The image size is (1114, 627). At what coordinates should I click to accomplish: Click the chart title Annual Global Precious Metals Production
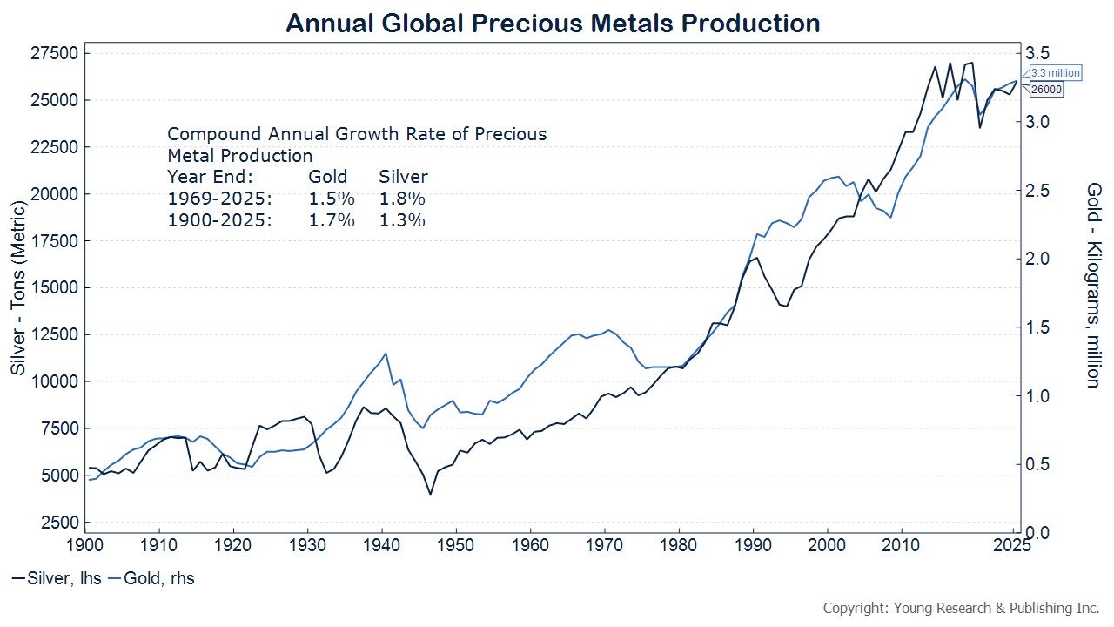click(x=553, y=23)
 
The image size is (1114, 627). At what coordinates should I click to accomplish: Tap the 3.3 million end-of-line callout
click(x=1055, y=73)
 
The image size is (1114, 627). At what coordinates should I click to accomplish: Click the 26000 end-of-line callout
click(x=1047, y=90)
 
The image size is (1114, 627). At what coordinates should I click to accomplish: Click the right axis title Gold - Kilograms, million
click(x=1093, y=285)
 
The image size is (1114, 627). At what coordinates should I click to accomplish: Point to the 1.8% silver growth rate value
click(x=402, y=199)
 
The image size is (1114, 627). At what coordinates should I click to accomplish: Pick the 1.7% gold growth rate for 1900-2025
click(x=332, y=220)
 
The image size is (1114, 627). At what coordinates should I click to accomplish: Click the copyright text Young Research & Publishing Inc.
click(x=961, y=607)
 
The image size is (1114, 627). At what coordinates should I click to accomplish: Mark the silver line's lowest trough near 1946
click(x=430, y=494)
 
